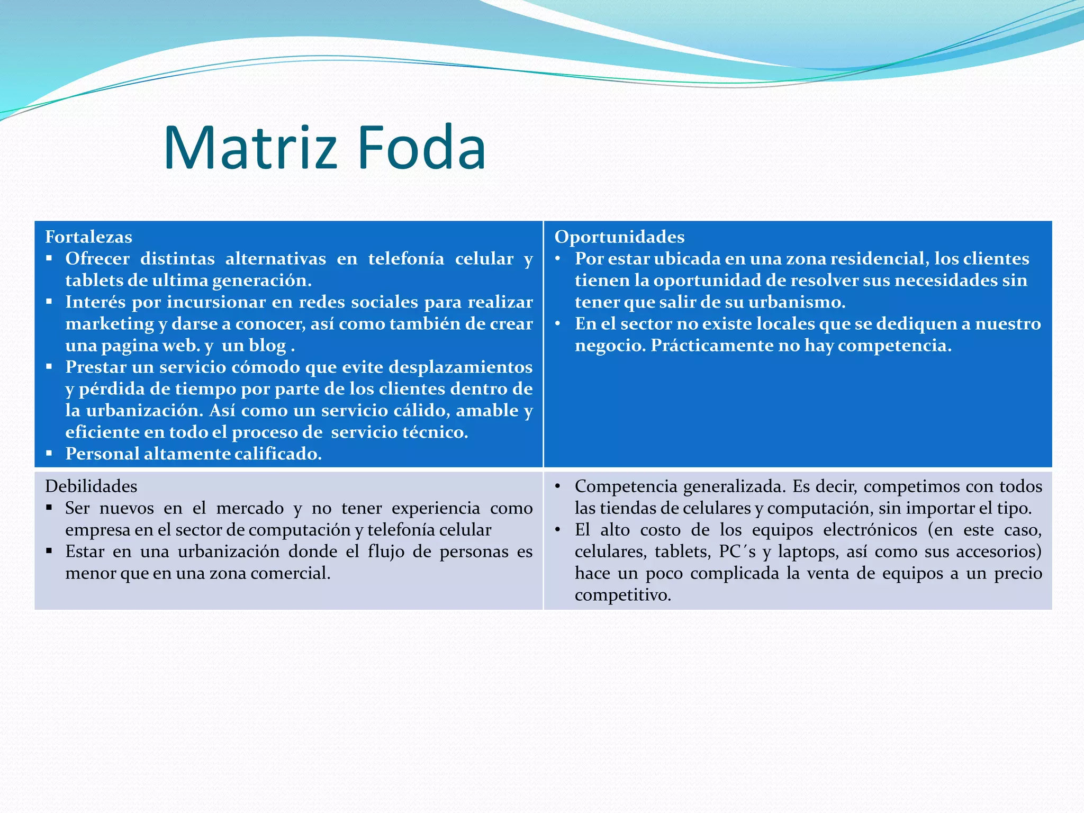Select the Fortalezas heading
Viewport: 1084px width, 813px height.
[x=88, y=237]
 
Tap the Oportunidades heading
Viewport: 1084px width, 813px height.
[x=619, y=237]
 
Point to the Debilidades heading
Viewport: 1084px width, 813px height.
[x=91, y=486]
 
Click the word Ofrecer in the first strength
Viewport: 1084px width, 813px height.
[x=97, y=258]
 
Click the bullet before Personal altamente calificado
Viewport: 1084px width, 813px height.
[x=49, y=453]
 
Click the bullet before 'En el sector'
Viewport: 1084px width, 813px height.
[x=558, y=323]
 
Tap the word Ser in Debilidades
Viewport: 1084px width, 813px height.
[x=77, y=508]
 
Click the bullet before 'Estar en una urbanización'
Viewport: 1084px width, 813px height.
[x=49, y=551]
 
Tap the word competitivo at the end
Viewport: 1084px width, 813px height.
[x=622, y=595]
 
